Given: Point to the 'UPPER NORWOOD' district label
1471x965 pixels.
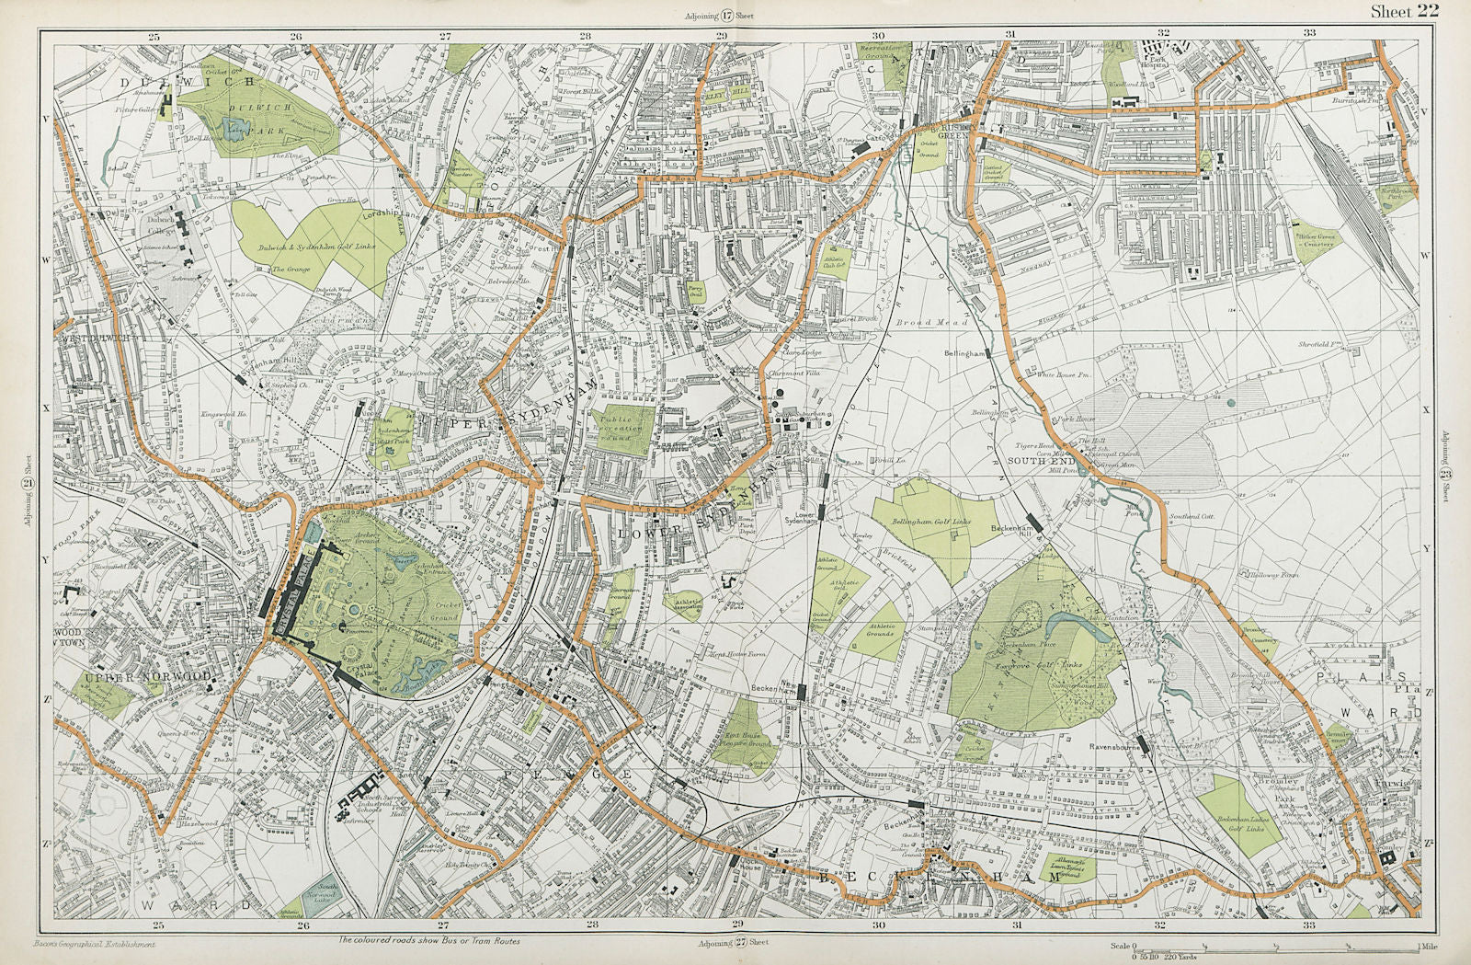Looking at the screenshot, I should click(147, 678).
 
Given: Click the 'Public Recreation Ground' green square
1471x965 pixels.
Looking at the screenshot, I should click(628, 430).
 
